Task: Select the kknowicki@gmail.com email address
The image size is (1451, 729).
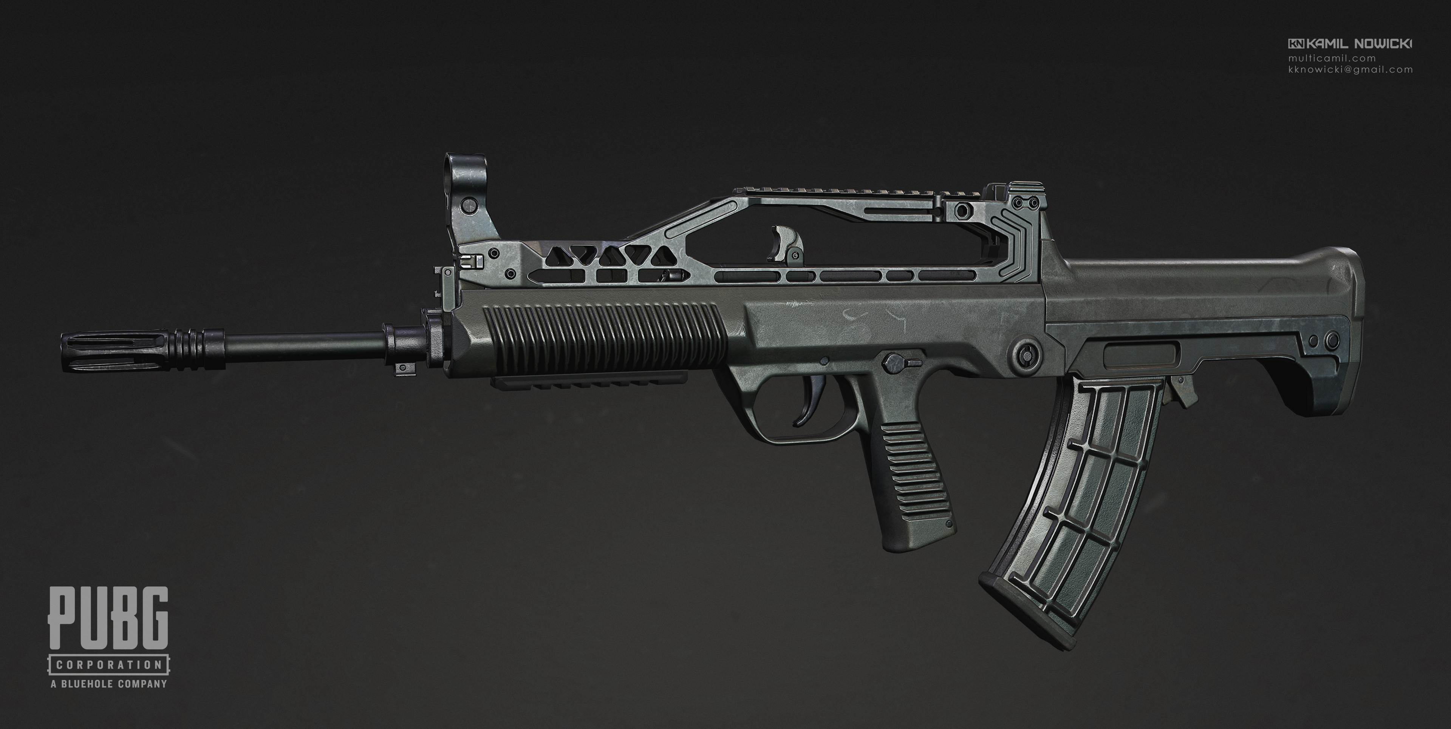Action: pyautogui.click(x=1349, y=70)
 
